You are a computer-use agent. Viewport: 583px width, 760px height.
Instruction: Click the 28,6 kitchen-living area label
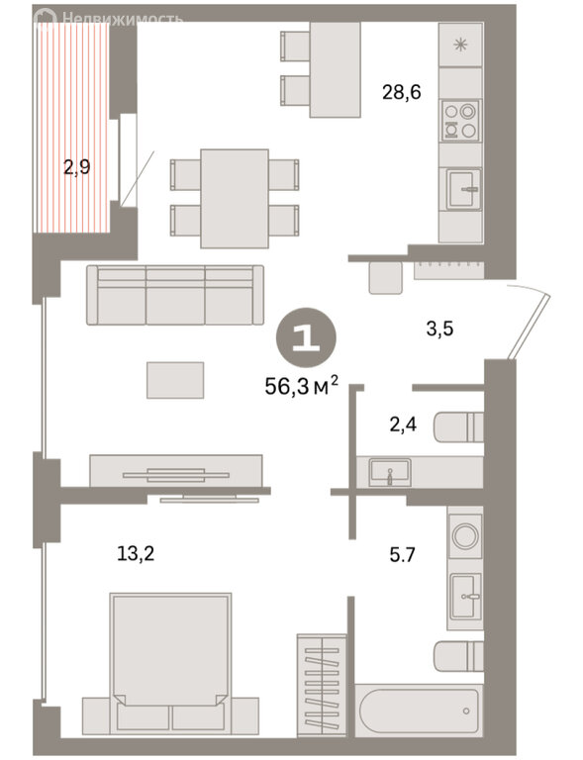pos(401,92)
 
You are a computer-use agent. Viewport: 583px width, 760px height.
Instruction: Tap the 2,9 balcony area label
pos(77,167)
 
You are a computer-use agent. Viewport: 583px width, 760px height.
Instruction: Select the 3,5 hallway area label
pos(439,329)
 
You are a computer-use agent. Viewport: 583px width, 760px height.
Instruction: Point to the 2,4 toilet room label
pos(403,426)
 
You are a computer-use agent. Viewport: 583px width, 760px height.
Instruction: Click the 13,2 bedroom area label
pos(136,553)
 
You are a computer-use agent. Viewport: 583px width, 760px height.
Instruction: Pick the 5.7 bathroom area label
pos(402,554)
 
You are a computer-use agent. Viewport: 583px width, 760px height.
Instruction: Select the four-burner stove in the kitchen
pos(460,121)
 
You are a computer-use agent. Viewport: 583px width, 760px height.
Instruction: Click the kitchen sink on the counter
pos(464,189)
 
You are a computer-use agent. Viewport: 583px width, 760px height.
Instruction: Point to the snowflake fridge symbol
pos(460,46)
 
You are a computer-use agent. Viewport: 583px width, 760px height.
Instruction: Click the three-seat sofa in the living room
pos(175,295)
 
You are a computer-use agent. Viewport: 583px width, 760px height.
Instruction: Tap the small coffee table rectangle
pos(175,380)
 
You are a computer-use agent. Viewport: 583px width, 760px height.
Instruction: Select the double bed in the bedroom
pos(170,663)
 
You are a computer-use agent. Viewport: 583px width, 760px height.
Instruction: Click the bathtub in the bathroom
pos(420,711)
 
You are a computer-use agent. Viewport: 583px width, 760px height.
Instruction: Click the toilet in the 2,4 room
pos(458,427)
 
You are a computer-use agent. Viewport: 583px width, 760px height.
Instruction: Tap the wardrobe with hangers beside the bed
pos(322,686)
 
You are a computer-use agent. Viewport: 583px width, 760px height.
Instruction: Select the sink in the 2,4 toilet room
pos(390,472)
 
